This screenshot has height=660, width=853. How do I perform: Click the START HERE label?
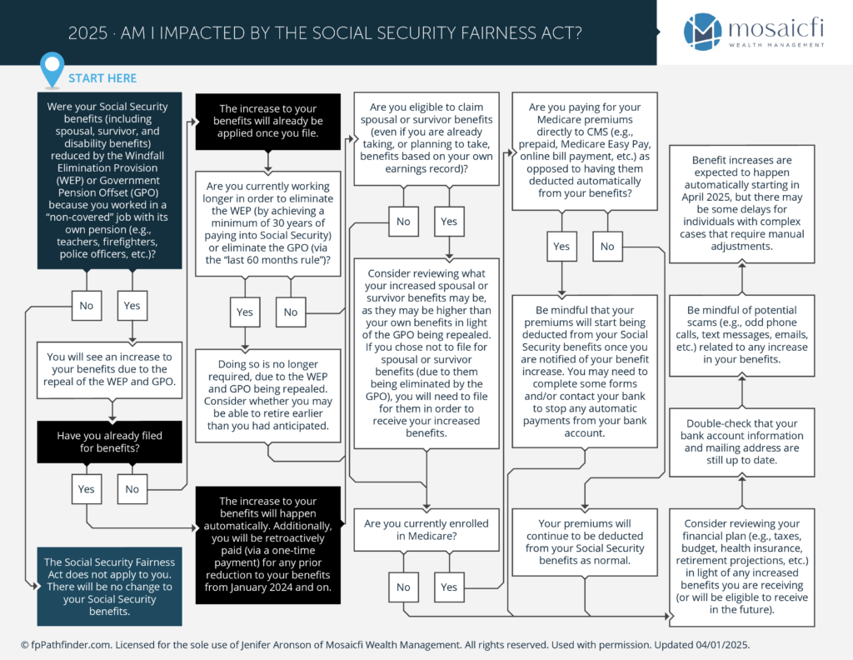(x=102, y=78)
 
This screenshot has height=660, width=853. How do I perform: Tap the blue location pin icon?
(x=52, y=69)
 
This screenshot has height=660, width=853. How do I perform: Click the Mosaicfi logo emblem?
(x=703, y=32)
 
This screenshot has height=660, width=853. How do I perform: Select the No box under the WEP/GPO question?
(x=87, y=305)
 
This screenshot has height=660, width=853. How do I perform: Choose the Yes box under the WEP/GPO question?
(x=132, y=305)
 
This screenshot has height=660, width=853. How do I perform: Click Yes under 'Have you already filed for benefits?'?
(x=87, y=489)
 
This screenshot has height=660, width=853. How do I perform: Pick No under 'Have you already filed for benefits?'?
(x=132, y=489)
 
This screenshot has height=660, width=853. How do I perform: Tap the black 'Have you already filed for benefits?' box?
(x=109, y=442)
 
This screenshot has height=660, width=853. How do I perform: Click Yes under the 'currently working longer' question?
(x=245, y=312)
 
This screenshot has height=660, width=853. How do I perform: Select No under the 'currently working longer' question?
(x=291, y=312)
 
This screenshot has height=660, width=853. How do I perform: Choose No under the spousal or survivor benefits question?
(x=404, y=222)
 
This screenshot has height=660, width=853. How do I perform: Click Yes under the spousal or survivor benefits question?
(x=449, y=222)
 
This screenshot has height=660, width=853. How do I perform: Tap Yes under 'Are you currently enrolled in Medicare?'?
(x=449, y=587)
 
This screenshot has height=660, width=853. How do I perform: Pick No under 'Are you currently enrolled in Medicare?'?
(x=404, y=587)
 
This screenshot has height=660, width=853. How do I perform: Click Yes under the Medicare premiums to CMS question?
(x=562, y=247)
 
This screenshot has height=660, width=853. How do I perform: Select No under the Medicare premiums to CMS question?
(x=607, y=247)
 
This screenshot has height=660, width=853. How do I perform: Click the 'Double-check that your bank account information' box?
(x=742, y=442)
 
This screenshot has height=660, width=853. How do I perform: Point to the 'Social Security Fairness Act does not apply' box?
(x=109, y=587)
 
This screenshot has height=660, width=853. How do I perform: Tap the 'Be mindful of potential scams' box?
(x=742, y=335)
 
